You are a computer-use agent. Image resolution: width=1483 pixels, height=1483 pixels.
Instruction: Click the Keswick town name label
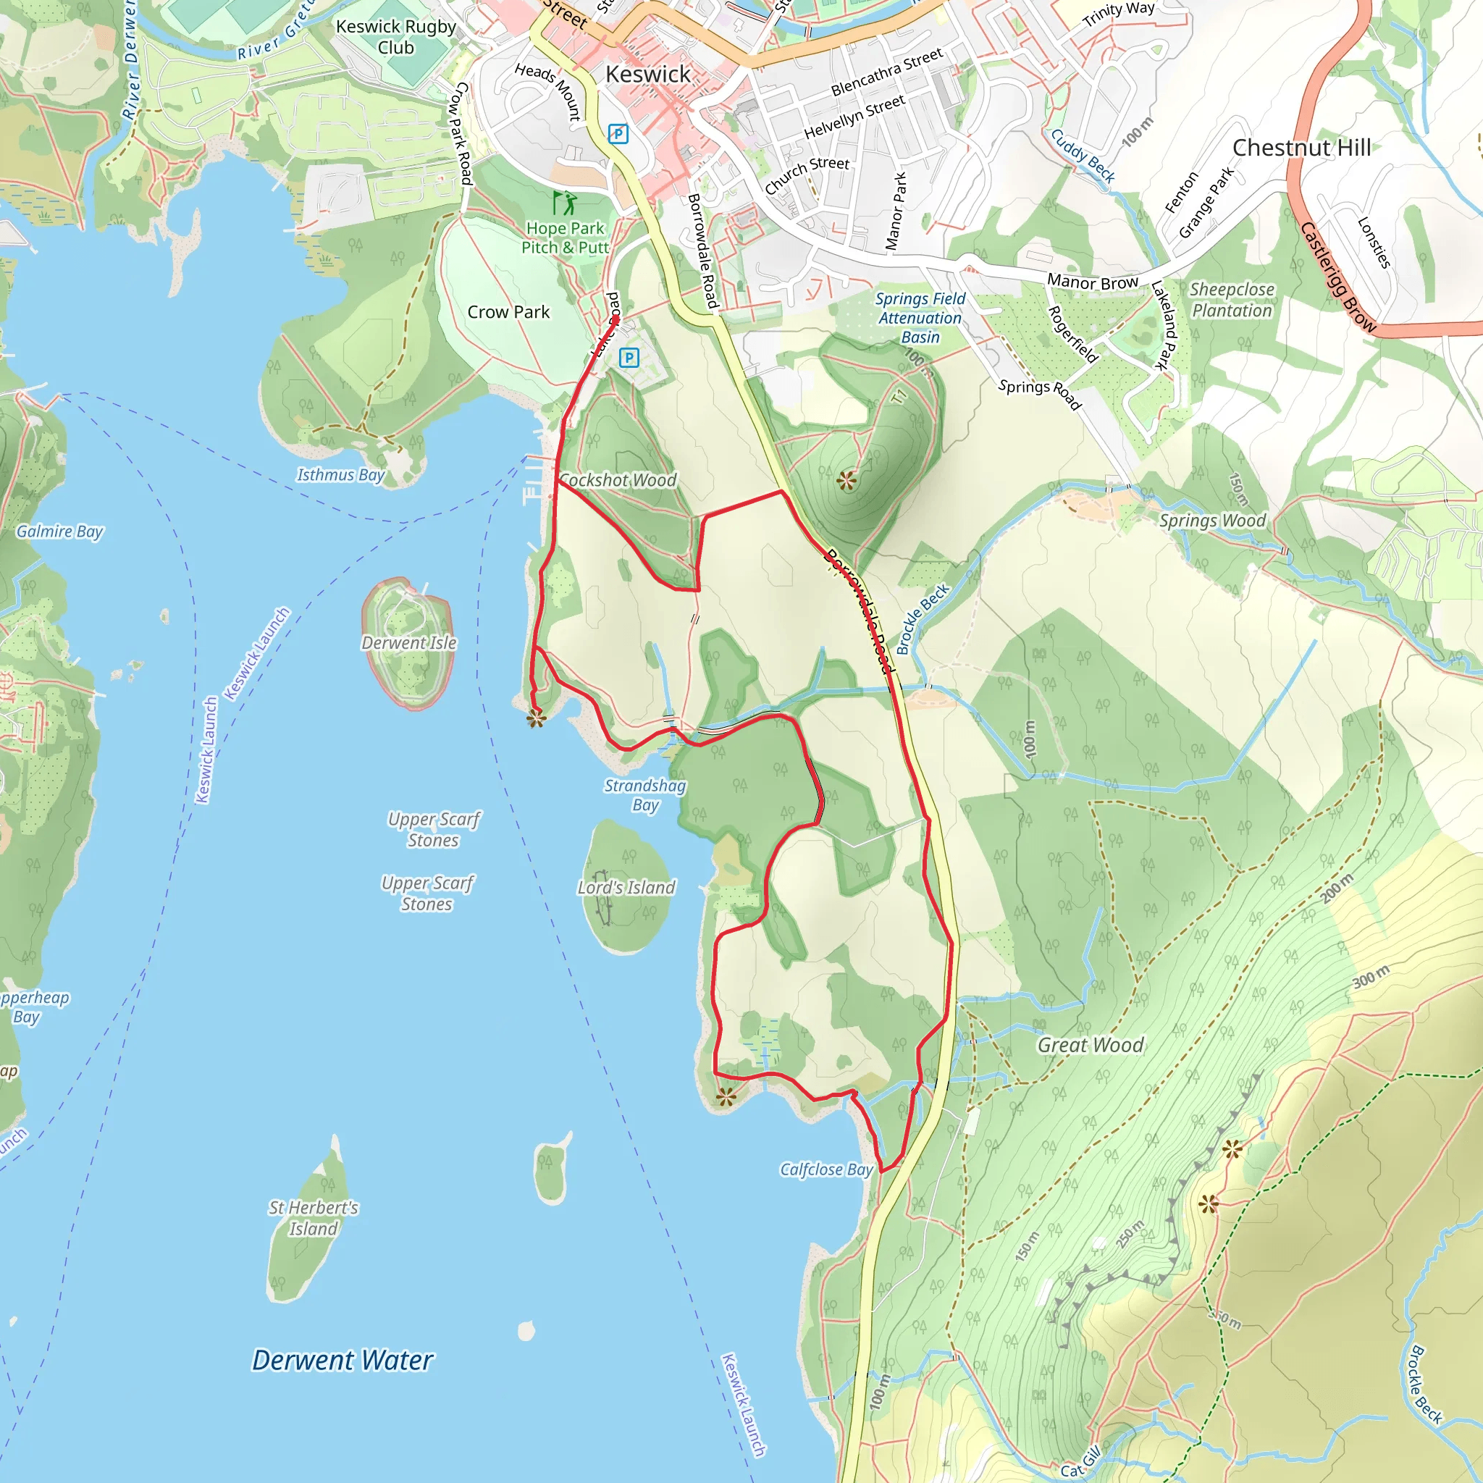[x=648, y=75]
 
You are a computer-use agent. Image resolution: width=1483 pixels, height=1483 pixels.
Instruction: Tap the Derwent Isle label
[x=409, y=642]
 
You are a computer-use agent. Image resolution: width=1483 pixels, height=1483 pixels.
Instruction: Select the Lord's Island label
[x=626, y=887]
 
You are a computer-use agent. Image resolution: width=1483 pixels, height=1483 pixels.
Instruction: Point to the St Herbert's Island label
[x=313, y=1218]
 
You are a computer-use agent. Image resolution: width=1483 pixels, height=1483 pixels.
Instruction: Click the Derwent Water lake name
[x=343, y=1360]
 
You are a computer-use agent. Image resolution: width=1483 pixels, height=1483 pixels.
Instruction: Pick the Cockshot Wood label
[x=618, y=480]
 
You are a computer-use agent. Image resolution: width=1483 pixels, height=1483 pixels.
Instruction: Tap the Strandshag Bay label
[x=644, y=795]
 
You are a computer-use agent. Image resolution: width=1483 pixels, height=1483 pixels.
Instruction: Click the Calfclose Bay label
[x=827, y=1170]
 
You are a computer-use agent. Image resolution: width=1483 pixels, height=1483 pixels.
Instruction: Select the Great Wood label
[x=1090, y=1045]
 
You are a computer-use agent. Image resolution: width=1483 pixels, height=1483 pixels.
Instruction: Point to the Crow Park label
[x=508, y=312]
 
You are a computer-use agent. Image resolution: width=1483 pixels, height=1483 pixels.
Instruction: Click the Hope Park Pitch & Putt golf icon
[x=565, y=203]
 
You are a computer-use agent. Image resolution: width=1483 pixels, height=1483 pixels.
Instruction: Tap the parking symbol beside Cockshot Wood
[x=629, y=357]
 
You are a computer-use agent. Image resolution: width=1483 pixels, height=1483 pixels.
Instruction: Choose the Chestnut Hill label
[x=1301, y=148]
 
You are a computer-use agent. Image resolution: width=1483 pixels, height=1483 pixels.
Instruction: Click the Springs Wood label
[x=1212, y=521]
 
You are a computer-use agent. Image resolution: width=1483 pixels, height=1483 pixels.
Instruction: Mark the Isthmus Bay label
[x=341, y=475]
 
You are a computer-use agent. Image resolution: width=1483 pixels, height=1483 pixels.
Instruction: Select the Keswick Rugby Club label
[x=396, y=37]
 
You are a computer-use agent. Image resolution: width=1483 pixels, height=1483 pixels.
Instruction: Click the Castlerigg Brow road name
[x=1338, y=277]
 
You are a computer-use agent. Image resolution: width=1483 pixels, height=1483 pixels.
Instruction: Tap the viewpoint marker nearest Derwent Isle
[x=536, y=718]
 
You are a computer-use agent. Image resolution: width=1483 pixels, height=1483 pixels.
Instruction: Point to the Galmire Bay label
[x=59, y=532]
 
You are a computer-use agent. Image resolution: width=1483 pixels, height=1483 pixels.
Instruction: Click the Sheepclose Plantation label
[x=1231, y=300]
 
